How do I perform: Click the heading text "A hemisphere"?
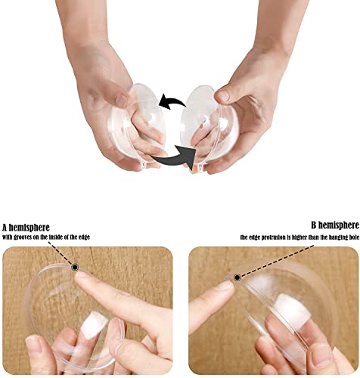tap(33, 227)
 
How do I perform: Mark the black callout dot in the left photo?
tap(75, 267)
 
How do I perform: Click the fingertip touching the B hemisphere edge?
tap(225, 288)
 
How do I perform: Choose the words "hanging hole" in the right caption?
tap(340, 237)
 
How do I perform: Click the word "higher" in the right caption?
tap(303, 237)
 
